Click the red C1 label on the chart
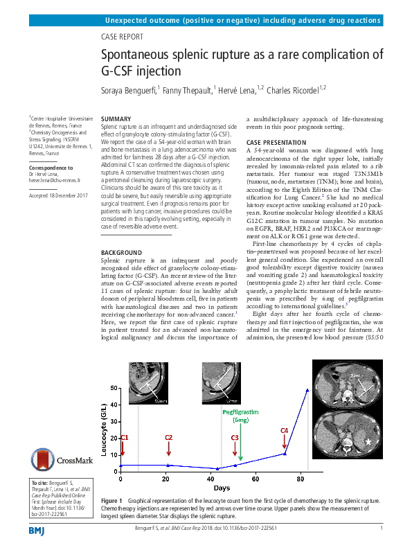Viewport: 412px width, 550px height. [x=125, y=438]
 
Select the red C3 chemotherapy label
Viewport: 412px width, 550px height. [x=235, y=438]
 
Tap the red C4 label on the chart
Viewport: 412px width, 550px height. [x=284, y=431]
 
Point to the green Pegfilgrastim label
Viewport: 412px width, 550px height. [x=240, y=411]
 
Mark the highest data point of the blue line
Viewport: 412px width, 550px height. [x=307, y=390]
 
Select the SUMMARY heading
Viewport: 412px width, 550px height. [x=116, y=120]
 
